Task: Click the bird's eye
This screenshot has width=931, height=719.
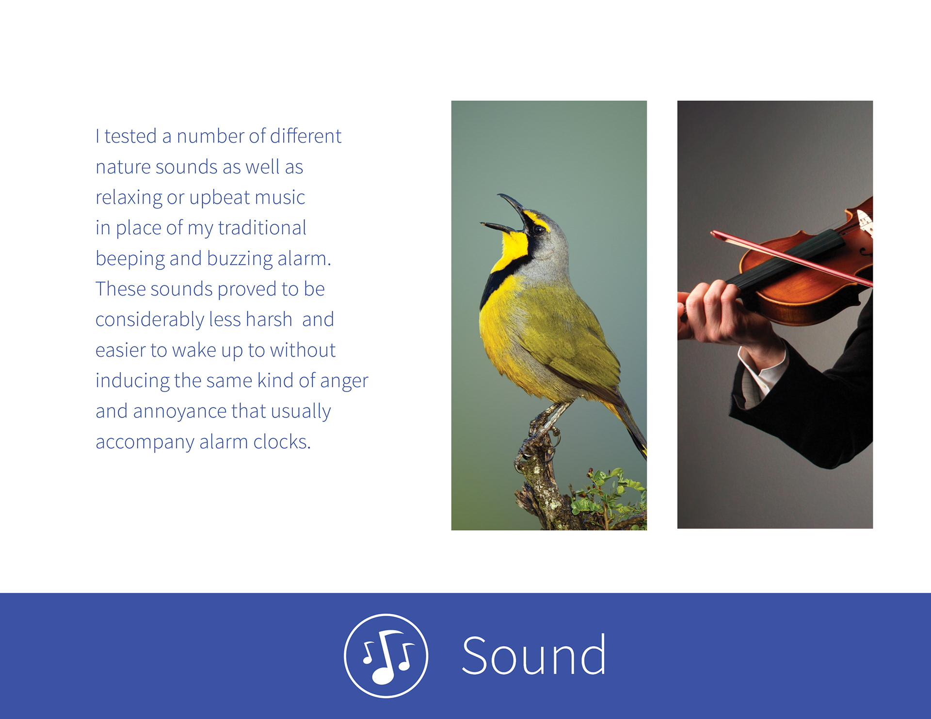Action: (539, 229)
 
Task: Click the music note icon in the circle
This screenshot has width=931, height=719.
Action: (386, 656)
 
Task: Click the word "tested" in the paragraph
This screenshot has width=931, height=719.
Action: (130, 136)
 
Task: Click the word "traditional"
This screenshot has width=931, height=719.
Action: (262, 228)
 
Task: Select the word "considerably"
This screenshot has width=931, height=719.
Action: (150, 320)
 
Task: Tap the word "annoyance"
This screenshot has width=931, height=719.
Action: (180, 412)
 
